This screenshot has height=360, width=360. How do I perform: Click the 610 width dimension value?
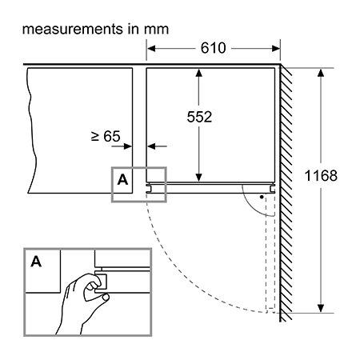coord(213,48)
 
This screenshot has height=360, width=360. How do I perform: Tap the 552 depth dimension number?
coord(199,117)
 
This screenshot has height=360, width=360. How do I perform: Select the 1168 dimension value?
coord(321,176)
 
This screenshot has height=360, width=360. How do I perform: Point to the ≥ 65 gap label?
coord(106,136)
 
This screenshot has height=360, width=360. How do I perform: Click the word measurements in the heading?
coord(73,29)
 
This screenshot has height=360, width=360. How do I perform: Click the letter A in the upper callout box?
coord(122,180)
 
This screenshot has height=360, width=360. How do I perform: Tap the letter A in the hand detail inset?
coord(36,262)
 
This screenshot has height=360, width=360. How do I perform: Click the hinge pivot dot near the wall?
coord(262,197)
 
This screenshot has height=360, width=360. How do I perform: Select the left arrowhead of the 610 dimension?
coord(151,49)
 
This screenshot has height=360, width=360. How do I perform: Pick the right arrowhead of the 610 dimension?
coord(276,49)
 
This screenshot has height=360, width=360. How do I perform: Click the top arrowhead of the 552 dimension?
coord(198,73)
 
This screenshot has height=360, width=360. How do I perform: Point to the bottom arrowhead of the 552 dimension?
coord(198,178)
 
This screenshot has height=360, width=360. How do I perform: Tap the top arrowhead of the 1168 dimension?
coord(321,73)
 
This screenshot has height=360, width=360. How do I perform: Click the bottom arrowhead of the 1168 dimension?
coord(321,308)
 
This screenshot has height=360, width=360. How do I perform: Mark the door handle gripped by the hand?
coord(102,281)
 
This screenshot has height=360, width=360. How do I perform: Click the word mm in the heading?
coord(156,30)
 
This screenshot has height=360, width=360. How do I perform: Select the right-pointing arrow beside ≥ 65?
coord(122,146)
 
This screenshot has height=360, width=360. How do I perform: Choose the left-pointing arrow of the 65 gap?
coord(157,146)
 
